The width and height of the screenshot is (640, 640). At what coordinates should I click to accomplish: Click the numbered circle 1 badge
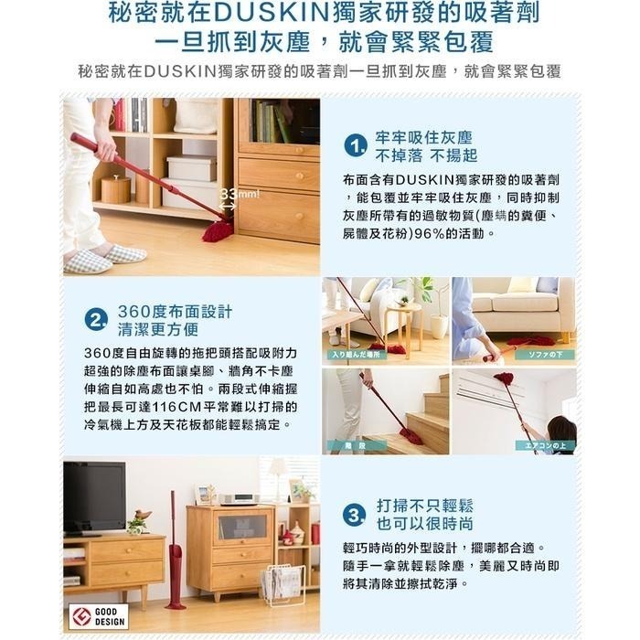(356, 146)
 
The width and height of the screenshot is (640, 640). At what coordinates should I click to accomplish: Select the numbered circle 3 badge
(355, 513)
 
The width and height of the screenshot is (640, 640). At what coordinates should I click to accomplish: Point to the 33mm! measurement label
(239, 194)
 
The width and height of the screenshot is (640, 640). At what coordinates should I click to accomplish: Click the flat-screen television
(93, 497)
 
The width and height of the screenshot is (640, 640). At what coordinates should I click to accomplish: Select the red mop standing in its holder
(175, 558)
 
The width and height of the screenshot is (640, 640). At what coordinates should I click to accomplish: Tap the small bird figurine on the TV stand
(138, 519)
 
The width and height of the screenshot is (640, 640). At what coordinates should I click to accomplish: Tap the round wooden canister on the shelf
(115, 189)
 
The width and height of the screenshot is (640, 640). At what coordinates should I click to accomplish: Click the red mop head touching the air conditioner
(504, 378)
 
